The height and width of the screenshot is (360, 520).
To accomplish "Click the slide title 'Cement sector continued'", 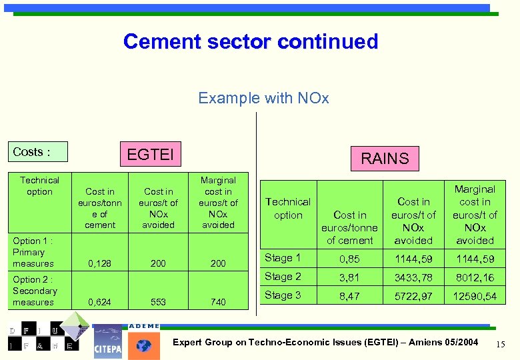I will pos(251,41).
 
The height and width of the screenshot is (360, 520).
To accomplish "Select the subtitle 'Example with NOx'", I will pos(263,98).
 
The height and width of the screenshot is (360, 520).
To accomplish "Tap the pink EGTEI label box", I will pos(150,155).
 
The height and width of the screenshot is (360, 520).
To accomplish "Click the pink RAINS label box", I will pos(385,159).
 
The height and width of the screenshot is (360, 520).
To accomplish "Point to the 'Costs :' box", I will pos(38,152).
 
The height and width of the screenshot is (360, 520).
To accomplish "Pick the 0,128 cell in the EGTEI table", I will pos(100,263).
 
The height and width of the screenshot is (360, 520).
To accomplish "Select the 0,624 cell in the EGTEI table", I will pos(100,302).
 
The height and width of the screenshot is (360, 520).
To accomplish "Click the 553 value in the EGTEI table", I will pos(158,302).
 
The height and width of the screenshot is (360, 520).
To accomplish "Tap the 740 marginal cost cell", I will pos(218,302).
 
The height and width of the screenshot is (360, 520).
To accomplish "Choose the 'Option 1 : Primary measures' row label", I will pos(33,252).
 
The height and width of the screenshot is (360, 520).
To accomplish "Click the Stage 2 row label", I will pos(283,277).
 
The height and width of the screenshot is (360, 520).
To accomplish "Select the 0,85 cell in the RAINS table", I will pos(350,259).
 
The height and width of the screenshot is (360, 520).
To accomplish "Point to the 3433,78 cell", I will pos(413,277).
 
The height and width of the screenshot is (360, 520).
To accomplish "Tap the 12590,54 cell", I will pos(475,296).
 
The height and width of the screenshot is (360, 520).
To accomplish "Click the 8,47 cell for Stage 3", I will pos(350,296).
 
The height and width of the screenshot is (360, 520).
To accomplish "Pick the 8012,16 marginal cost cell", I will pos(475,277).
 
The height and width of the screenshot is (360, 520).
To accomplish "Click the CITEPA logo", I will pos(108,342).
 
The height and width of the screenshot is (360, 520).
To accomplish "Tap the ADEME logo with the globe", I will pos(143,341).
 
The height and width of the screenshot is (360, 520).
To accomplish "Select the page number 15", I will pos(501,343).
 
